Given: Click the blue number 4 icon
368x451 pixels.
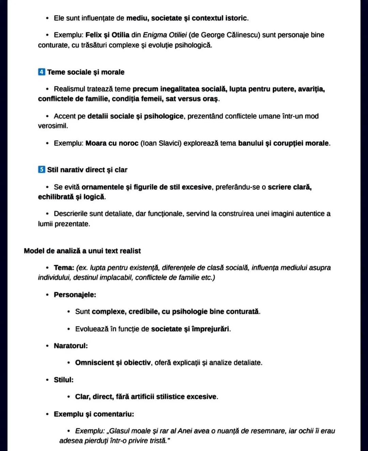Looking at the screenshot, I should point(42,72).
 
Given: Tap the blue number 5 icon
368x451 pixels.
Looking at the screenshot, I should point(42,170).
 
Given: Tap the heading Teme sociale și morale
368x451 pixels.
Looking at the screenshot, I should point(86,72).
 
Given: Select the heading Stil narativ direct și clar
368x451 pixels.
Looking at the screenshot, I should point(87,170).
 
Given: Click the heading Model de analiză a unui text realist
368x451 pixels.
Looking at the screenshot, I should point(82,251).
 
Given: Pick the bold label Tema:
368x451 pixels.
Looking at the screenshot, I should point(64,268).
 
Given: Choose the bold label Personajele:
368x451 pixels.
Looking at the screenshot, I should point(75,295).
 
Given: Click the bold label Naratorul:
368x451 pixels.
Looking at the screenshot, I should point(71,346).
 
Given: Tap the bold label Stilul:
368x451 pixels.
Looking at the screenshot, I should point(64,380).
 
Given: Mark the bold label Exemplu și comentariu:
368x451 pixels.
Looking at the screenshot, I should point(94,414).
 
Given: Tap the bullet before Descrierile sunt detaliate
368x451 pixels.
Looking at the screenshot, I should point(47,214).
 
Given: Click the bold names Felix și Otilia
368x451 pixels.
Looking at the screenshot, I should point(107,35).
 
